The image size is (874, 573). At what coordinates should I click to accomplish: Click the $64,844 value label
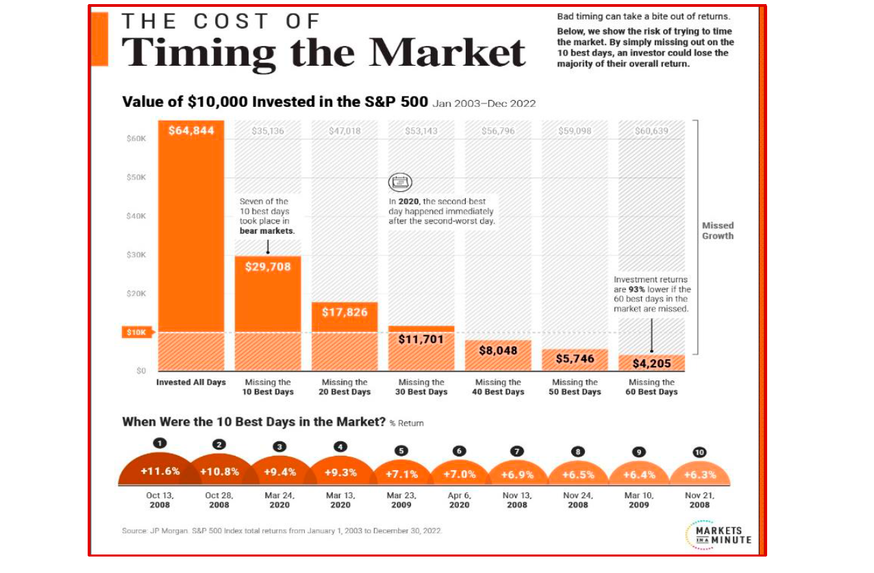coord(191,130)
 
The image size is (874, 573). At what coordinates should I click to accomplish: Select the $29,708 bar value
coord(268,267)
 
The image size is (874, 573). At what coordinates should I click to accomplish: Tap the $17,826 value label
coord(345,313)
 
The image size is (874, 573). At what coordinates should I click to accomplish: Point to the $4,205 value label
coord(651,363)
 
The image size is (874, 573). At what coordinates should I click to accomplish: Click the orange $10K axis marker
coord(134,332)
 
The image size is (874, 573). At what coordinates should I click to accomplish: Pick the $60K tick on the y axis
coord(136,138)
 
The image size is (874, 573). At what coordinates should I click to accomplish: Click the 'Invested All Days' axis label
coord(191,382)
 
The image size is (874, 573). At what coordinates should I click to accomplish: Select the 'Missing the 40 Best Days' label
coord(499,387)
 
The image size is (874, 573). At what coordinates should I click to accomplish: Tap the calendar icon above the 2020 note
coord(400,182)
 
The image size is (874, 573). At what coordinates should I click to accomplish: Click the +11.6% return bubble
coord(160,472)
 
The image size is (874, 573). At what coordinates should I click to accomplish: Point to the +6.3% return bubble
coord(699,475)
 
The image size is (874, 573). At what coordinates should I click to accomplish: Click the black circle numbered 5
coord(401,450)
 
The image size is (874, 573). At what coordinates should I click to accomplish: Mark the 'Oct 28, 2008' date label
coord(219,500)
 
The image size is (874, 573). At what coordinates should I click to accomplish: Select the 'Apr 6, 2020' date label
coord(459,500)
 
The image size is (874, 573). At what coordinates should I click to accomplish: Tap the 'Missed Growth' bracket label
coord(717,230)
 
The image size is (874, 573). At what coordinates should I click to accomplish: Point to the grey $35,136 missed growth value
coord(267,130)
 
